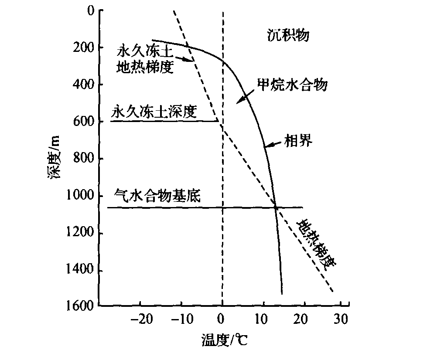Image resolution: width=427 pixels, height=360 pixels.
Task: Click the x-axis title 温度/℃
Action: [x=224, y=340]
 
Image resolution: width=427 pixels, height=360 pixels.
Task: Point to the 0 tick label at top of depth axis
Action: [x=90, y=10]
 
